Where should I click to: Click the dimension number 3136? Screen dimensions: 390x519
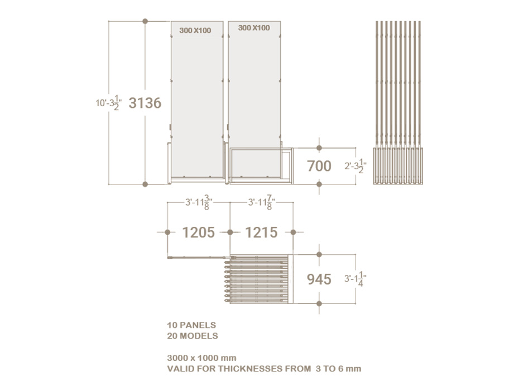tap(145, 103)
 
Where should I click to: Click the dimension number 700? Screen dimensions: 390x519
tap(319, 166)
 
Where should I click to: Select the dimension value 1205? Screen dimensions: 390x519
tap(198, 232)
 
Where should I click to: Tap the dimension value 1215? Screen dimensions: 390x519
tap(261, 232)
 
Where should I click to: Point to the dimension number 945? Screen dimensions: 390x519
tap(319, 279)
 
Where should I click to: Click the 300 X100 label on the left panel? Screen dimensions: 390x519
tap(195, 30)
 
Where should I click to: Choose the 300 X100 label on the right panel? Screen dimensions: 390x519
tap(254, 27)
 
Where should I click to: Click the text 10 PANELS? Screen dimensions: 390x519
tap(191, 325)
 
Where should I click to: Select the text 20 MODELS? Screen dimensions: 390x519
tap(193, 336)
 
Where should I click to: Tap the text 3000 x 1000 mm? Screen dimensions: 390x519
tap(201, 358)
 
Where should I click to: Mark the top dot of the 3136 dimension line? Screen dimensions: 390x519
tap(145, 21)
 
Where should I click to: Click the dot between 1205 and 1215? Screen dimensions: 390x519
tap(229, 232)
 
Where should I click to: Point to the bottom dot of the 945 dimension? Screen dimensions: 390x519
tap(319, 303)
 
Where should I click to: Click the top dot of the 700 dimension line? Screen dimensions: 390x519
tap(319, 148)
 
